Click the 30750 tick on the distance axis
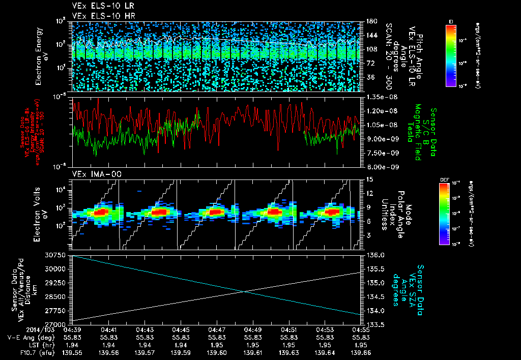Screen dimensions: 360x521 [57, 254]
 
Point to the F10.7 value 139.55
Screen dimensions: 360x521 [73, 352]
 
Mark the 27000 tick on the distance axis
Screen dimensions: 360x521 [57, 324]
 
